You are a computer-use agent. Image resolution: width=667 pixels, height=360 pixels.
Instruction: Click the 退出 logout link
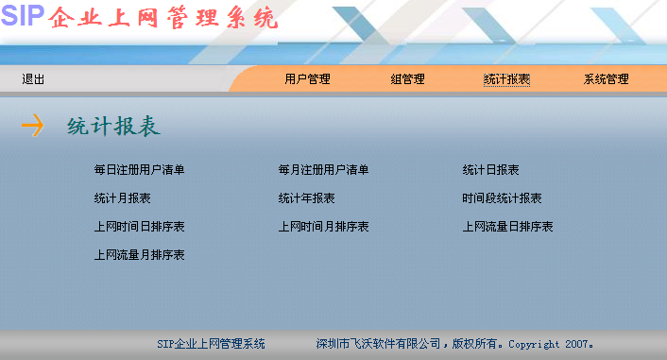click(x=33, y=79)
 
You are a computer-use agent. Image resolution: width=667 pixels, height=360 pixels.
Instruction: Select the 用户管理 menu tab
click(x=307, y=79)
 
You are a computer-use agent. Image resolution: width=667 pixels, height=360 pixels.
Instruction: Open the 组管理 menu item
click(x=407, y=79)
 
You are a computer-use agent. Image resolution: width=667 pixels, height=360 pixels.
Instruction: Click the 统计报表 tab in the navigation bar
click(x=506, y=79)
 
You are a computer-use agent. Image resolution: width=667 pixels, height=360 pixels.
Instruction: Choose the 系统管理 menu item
click(x=606, y=79)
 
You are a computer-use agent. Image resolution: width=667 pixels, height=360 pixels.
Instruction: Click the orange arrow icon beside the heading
click(x=32, y=126)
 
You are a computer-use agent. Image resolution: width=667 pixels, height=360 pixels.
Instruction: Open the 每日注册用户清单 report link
click(x=139, y=170)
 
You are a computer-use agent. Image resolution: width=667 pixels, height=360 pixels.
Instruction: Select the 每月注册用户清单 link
click(x=323, y=170)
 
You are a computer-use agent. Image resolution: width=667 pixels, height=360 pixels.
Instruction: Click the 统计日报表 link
click(x=490, y=170)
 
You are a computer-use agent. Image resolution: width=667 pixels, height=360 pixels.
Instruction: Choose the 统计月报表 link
click(x=122, y=198)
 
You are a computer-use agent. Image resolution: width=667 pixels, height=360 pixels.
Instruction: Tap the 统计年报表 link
click(x=306, y=198)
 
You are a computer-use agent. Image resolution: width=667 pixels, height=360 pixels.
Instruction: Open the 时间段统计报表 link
click(x=502, y=198)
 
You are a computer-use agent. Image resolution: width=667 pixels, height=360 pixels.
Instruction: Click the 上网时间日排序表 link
click(x=139, y=227)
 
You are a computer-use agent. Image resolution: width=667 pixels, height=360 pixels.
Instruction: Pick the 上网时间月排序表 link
click(x=323, y=227)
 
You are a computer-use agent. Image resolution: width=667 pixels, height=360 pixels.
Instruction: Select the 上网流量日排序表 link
click(x=507, y=227)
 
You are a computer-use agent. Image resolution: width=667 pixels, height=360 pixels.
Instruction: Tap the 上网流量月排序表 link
click(x=139, y=255)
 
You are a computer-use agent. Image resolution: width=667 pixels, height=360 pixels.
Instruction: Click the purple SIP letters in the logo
click(x=23, y=16)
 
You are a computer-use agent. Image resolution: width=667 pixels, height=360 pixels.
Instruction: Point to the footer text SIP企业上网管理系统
click(x=211, y=344)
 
